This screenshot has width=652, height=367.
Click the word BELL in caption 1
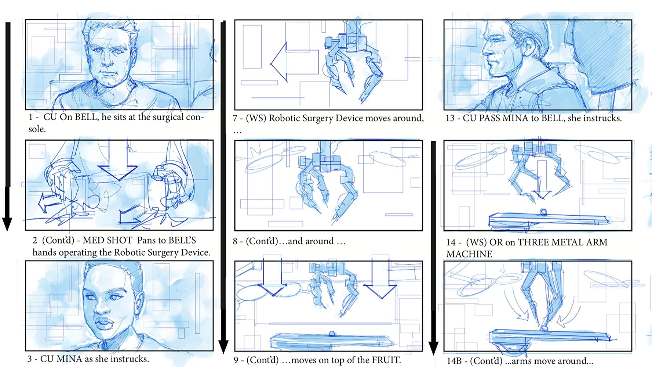tap(86, 117)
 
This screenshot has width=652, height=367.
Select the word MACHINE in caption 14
tap(469, 254)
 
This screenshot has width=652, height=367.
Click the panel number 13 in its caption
tap(450, 118)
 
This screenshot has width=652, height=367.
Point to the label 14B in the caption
tap(454, 361)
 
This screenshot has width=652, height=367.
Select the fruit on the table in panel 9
tap(332, 334)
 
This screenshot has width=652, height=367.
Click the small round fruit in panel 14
tap(543, 212)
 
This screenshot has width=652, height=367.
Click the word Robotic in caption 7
tap(285, 118)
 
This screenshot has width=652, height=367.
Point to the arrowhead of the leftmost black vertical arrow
tap(7, 224)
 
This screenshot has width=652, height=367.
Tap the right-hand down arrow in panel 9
tap(380, 279)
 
